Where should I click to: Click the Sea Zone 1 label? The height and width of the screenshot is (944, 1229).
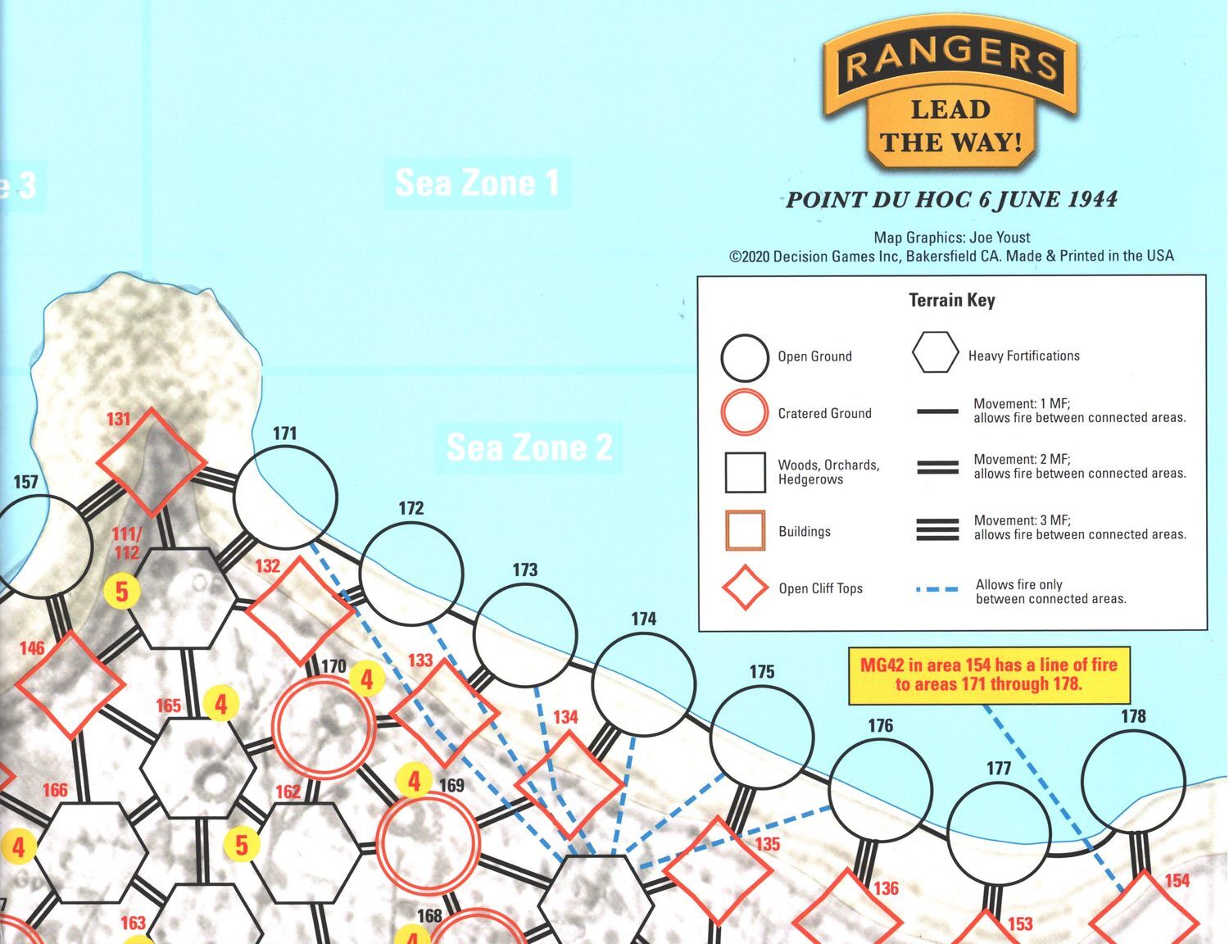click(477, 183)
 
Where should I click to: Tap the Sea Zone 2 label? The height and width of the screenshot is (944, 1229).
click(529, 447)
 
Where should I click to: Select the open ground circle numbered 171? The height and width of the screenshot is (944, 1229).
click(285, 497)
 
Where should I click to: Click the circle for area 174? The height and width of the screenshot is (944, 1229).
click(643, 684)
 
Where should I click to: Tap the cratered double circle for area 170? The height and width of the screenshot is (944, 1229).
click(324, 724)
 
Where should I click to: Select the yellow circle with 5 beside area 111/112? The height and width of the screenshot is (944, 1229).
click(121, 591)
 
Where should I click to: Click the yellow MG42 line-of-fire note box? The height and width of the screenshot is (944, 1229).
click(989, 674)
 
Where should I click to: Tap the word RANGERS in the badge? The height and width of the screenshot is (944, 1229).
click(950, 60)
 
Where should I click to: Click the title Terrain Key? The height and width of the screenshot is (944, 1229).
click(952, 300)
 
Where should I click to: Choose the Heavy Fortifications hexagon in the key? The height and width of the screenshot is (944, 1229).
click(935, 353)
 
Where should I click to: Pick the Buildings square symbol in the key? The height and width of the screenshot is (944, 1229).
click(745, 530)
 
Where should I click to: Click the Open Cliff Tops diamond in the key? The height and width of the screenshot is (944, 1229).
click(745, 588)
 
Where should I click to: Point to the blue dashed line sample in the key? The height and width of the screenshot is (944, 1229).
click(937, 589)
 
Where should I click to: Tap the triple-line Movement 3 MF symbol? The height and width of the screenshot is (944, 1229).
click(937, 529)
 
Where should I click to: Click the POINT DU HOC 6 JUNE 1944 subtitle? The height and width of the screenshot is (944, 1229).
click(951, 200)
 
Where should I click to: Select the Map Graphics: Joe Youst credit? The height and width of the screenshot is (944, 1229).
click(951, 238)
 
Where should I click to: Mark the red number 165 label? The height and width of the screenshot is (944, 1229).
click(168, 706)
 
